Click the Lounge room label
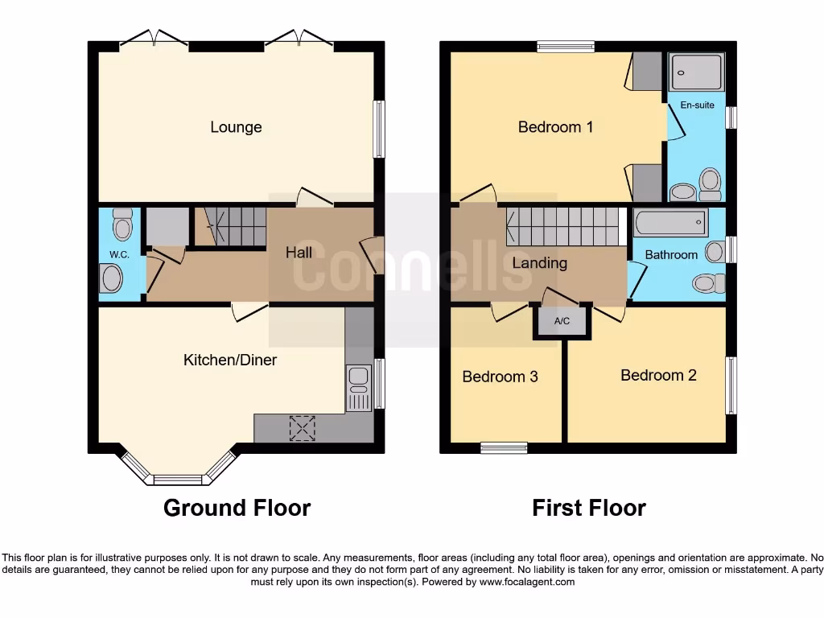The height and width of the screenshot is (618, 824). [236, 127]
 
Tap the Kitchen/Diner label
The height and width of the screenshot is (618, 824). [230, 360]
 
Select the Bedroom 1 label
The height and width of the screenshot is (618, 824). [555, 127]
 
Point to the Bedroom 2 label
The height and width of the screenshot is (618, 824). [658, 375]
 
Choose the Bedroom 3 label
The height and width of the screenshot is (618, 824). [500, 377]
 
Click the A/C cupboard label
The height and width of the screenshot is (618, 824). [562, 322]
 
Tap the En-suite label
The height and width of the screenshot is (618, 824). [697, 105]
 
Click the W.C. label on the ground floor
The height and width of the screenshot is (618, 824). [119, 255]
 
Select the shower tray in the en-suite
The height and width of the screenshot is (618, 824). [697, 72]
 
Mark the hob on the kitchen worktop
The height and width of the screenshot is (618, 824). [303, 427]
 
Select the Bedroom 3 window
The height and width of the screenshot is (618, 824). [505, 447]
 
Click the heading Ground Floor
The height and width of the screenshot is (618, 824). [237, 508]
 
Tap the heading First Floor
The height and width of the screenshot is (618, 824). [588, 508]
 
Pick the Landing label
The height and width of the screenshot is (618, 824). [539, 263]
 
